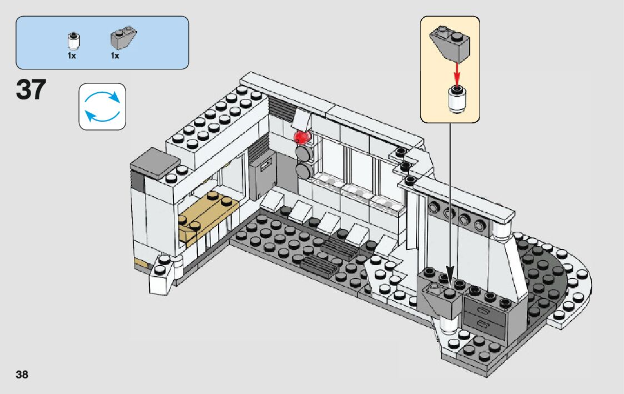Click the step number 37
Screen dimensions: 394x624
[x=31, y=90]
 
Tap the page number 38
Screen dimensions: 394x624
[x=22, y=374]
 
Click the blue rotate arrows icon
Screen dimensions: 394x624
[x=102, y=106]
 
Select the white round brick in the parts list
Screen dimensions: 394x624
[x=72, y=41]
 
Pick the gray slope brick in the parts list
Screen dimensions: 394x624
[x=123, y=39]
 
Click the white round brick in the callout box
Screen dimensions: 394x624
[x=457, y=100]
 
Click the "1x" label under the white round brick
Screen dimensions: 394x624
[x=72, y=56]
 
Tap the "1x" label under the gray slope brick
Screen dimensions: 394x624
[x=115, y=56]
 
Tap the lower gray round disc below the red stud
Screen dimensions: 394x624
[x=304, y=170]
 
